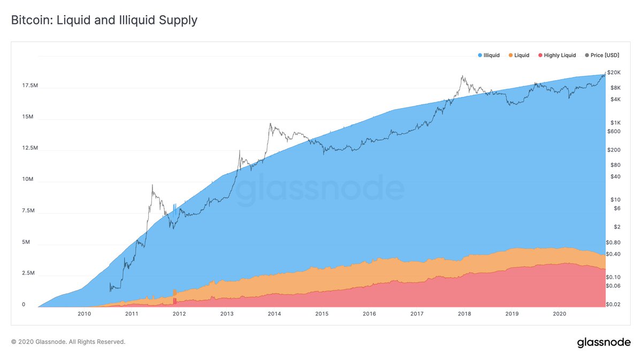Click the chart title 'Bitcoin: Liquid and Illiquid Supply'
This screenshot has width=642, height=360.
click(x=104, y=21)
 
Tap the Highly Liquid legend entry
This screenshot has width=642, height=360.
click(x=557, y=55)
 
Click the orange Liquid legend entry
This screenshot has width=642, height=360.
click(x=518, y=55)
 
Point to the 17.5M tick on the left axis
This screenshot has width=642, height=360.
click(x=30, y=86)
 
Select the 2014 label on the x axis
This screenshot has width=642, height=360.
click(x=274, y=314)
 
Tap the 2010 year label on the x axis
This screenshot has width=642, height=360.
click(x=84, y=314)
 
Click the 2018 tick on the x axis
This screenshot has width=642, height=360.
click(x=464, y=314)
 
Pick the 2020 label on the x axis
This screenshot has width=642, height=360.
click(x=560, y=314)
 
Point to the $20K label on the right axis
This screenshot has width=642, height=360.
click(x=614, y=72)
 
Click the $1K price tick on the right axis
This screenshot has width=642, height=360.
click(x=615, y=122)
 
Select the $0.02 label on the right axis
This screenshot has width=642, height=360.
click(x=613, y=304)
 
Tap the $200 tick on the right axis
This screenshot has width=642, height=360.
click(x=614, y=150)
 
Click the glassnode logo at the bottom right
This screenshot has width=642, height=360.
click(x=603, y=343)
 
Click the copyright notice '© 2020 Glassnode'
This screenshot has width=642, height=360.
click(x=68, y=341)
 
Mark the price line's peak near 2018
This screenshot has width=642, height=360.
click(x=461, y=76)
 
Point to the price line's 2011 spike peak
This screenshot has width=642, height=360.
click(x=152, y=185)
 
